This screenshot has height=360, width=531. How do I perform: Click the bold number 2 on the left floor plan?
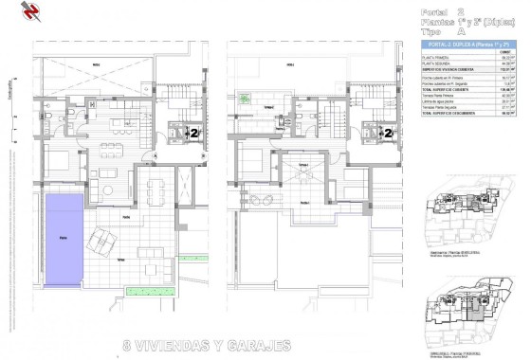coord(196,133)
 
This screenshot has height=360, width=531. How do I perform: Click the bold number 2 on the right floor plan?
coord(388,134)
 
